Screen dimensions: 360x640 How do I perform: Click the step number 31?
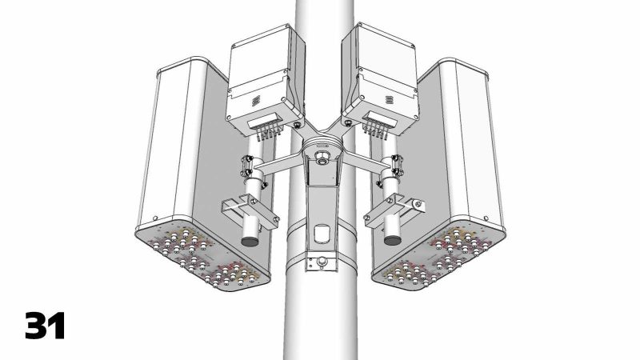pos(45,326)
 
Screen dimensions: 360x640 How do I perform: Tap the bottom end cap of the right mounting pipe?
pos(391,238)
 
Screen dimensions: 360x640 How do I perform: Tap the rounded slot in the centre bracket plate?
pos(322,233)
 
